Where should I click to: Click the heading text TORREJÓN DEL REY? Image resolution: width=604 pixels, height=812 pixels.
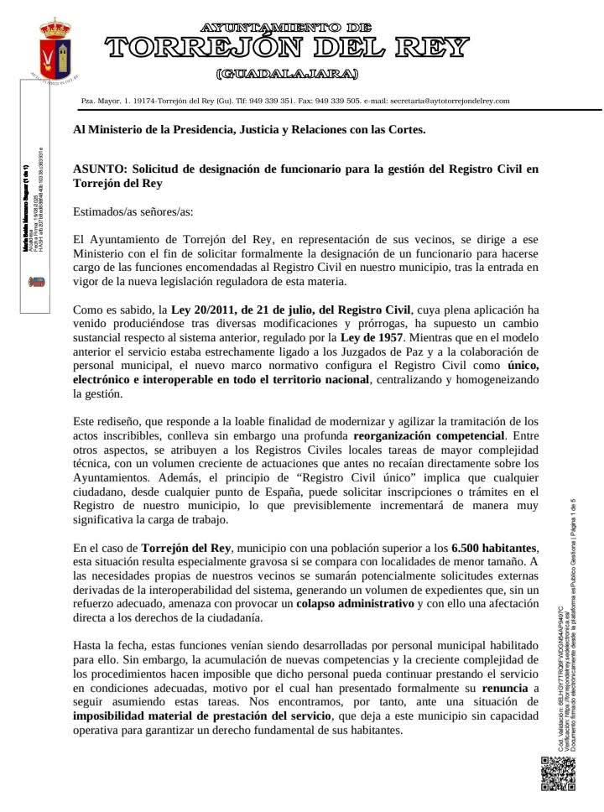click(x=286, y=49)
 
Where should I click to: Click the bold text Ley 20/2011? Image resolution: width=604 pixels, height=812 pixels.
click(x=206, y=310)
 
